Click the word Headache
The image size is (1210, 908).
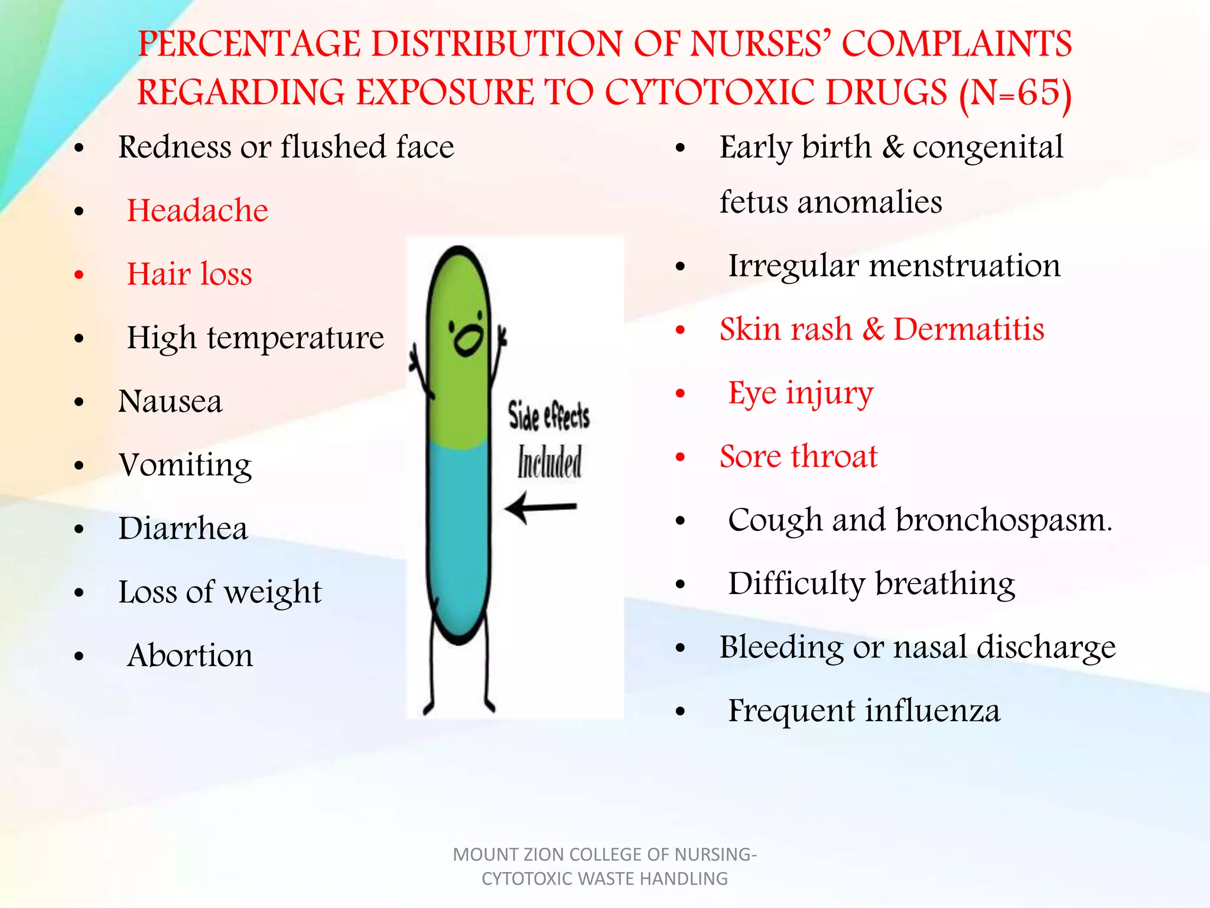197,210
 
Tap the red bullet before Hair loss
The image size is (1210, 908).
79,274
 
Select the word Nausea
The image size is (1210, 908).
170,401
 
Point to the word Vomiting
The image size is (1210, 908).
185,465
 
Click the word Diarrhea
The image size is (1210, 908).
183,528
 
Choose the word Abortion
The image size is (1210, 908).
190,656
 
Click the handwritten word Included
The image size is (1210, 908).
549,462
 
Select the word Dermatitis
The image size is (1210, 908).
968,329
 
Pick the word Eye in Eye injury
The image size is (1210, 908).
752,393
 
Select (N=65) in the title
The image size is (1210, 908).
1014,93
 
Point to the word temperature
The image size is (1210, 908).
295,338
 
